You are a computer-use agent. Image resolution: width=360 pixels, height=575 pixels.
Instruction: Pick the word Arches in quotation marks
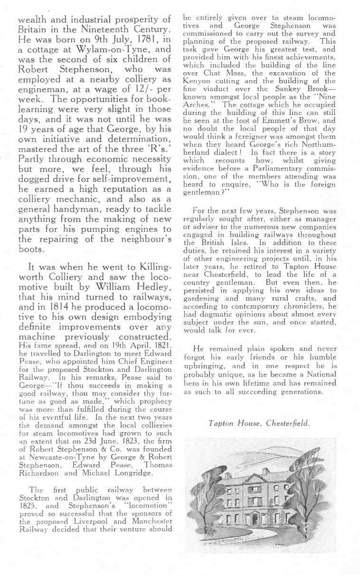click(x=197, y=105)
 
